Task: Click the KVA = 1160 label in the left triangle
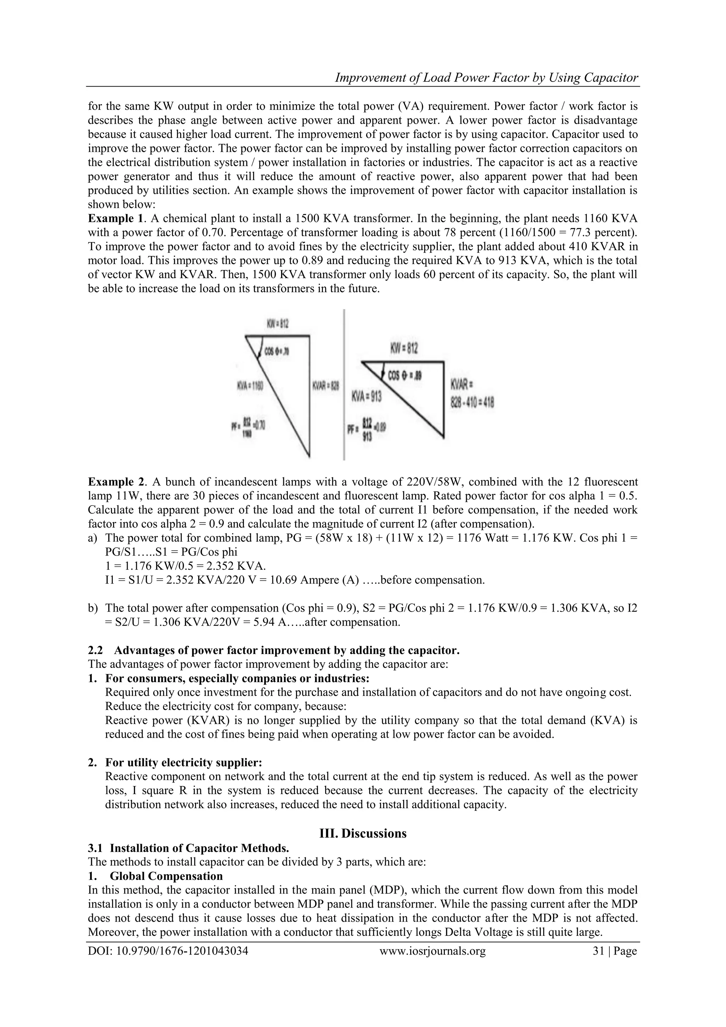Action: point(250,386)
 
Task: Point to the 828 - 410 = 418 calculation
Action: point(472,403)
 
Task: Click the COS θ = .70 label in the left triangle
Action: point(277,352)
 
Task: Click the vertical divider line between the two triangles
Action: point(344,385)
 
